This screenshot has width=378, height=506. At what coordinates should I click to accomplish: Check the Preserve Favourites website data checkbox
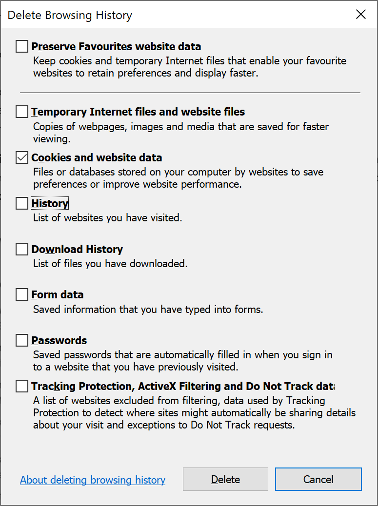[22, 47]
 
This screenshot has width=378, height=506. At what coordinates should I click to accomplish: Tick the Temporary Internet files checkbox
[22, 112]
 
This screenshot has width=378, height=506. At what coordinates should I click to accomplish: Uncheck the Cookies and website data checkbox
[22, 158]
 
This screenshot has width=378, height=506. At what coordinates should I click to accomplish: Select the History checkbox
[22, 203]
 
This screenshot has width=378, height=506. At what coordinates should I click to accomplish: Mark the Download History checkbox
[22, 249]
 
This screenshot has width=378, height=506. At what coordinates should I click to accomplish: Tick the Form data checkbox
[22, 294]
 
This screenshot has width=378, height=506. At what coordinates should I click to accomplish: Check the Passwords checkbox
[22, 340]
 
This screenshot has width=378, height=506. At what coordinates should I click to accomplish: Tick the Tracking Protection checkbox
[22, 387]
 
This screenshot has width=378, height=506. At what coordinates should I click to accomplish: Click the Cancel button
[318, 479]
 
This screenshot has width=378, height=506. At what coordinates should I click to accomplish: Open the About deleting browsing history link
[93, 480]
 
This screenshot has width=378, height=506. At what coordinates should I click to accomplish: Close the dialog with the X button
[361, 15]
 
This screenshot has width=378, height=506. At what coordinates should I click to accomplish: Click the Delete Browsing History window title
[70, 15]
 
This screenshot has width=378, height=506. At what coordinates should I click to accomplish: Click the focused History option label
[50, 203]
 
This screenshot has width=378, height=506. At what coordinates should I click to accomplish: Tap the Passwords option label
[59, 340]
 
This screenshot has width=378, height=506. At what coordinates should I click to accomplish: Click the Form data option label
[58, 294]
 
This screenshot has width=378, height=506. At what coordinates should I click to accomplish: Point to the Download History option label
[77, 249]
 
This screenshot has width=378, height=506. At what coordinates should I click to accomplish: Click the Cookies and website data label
[97, 158]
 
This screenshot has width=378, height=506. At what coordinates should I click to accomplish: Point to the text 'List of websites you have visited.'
[107, 218]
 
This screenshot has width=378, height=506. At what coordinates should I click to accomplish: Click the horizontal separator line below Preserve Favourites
[190, 92]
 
